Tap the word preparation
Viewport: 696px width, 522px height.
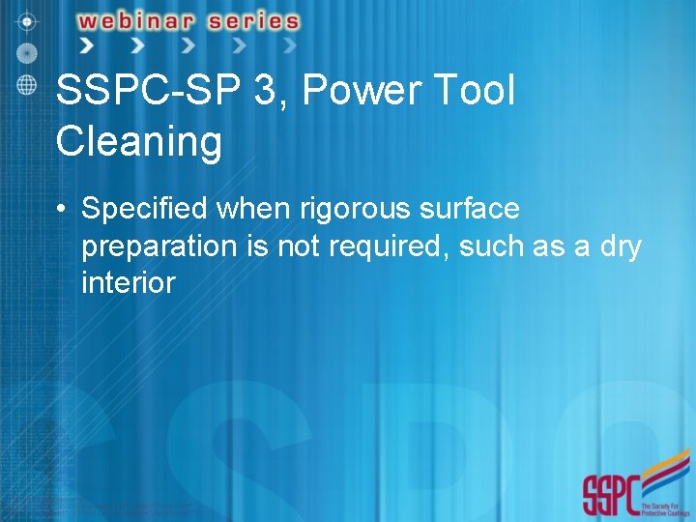tap(159, 246)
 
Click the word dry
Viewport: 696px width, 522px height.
tap(619, 246)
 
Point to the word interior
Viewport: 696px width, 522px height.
tap(129, 283)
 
